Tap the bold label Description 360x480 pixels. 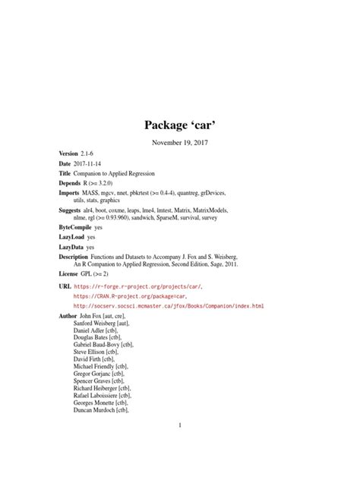[x=79, y=257]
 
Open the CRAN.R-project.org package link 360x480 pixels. [x=134, y=297]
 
